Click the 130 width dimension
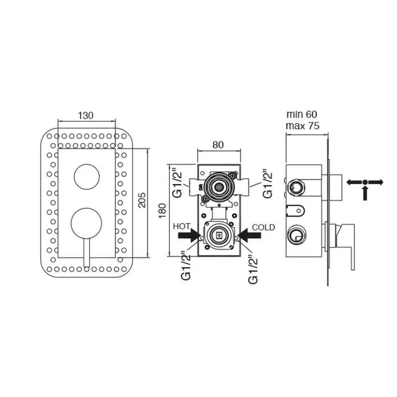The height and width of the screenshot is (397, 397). [x=86, y=116]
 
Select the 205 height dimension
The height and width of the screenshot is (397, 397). [x=142, y=200]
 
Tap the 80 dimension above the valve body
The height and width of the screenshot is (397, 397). [x=218, y=145]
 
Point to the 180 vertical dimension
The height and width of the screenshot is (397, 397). [x=162, y=211]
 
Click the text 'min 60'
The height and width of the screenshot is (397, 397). [x=302, y=114]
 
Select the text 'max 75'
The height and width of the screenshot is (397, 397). [x=303, y=126]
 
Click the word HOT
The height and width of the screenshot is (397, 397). [x=181, y=226]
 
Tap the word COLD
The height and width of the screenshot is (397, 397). [x=263, y=227]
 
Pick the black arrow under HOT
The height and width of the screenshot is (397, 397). [x=189, y=235]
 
